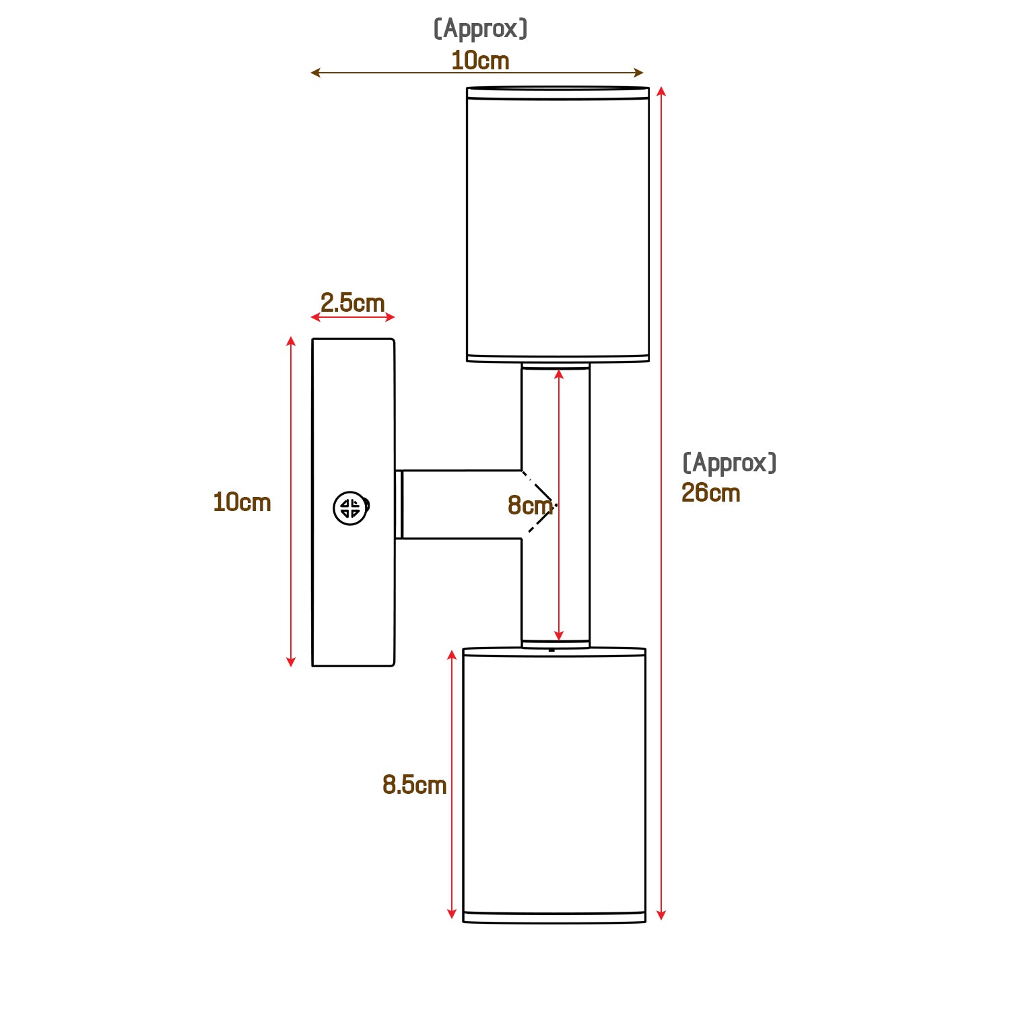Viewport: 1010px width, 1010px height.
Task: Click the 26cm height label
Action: click(710, 493)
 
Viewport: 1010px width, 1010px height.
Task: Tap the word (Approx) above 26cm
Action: click(729, 463)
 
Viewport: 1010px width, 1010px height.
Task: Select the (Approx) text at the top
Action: click(480, 29)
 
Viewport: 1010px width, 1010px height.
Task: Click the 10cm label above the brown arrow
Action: click(480, 61)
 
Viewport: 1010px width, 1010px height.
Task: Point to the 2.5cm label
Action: click(352, 303)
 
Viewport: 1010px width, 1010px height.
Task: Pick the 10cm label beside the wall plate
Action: click(242, 502)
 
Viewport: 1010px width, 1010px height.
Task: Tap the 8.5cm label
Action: click(414, 784)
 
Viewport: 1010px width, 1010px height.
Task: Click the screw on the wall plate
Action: click(351, 508)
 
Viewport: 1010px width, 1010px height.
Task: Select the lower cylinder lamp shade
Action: click(554, 784)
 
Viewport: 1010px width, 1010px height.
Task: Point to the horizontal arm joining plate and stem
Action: click(461, 504)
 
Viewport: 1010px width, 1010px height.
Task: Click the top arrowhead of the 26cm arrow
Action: click(661, 92)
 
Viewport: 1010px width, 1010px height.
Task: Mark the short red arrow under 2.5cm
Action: click(353, 317)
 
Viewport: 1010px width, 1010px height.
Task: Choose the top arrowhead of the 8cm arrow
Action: click(558, 374)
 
